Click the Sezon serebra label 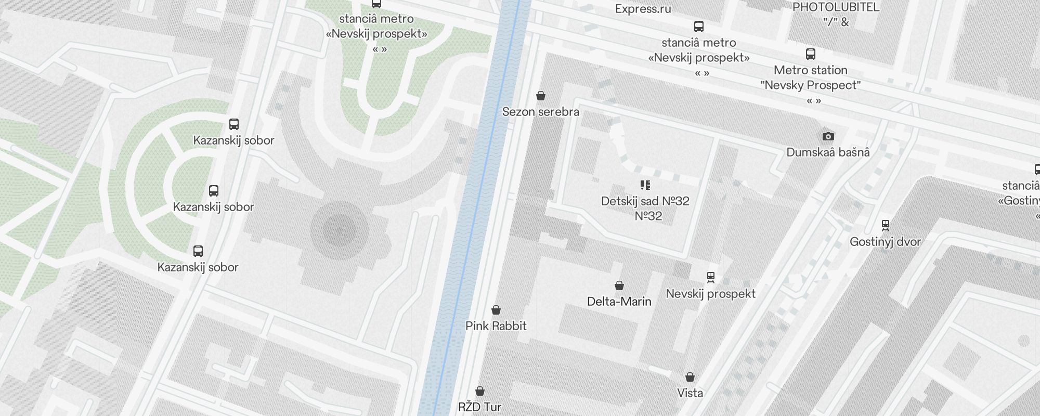540,112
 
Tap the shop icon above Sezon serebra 541,96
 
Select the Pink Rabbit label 496,326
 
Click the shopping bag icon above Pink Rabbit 496,310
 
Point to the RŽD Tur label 479,407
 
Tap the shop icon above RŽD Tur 480,391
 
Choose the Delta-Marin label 619,302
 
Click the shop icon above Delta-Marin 619,285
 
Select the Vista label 690,393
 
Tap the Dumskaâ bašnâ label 828,152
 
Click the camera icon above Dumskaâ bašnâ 828,137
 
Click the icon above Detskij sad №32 645,185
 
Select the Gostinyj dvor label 885,242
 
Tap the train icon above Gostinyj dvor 886,226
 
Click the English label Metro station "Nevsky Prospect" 810,77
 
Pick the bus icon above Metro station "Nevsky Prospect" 811,54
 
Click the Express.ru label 643,9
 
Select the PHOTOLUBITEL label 836,7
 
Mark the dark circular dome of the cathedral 340,230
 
